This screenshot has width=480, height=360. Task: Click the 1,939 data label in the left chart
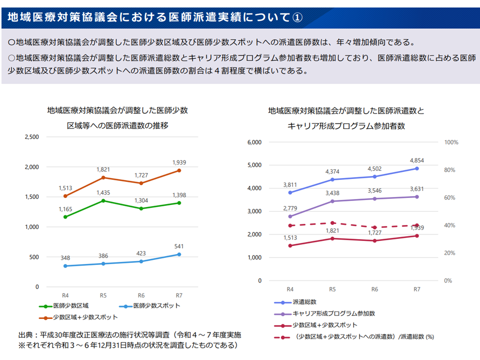point(179,162)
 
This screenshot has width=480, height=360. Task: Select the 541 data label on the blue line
point(179,246)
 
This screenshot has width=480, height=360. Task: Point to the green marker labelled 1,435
point(103,201)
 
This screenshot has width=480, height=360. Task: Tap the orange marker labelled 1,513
point(65,196)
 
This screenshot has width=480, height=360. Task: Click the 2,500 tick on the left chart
point(31,136)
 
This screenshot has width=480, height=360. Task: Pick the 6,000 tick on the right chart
point(254,142)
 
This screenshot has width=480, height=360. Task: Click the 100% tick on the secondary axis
point(451,142)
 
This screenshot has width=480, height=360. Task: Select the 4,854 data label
point(417,160)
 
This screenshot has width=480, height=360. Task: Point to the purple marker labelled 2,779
point(290,216)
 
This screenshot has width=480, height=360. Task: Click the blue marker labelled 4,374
point(332,179)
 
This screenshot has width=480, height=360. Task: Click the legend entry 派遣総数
point(304,302)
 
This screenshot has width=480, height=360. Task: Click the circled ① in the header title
point(296,17)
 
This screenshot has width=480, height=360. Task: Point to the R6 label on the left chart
point(141,295)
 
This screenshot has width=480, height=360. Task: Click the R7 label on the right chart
point(417,289)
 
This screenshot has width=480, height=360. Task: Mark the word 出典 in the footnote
point(26,334)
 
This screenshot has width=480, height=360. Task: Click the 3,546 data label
point(375,190)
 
